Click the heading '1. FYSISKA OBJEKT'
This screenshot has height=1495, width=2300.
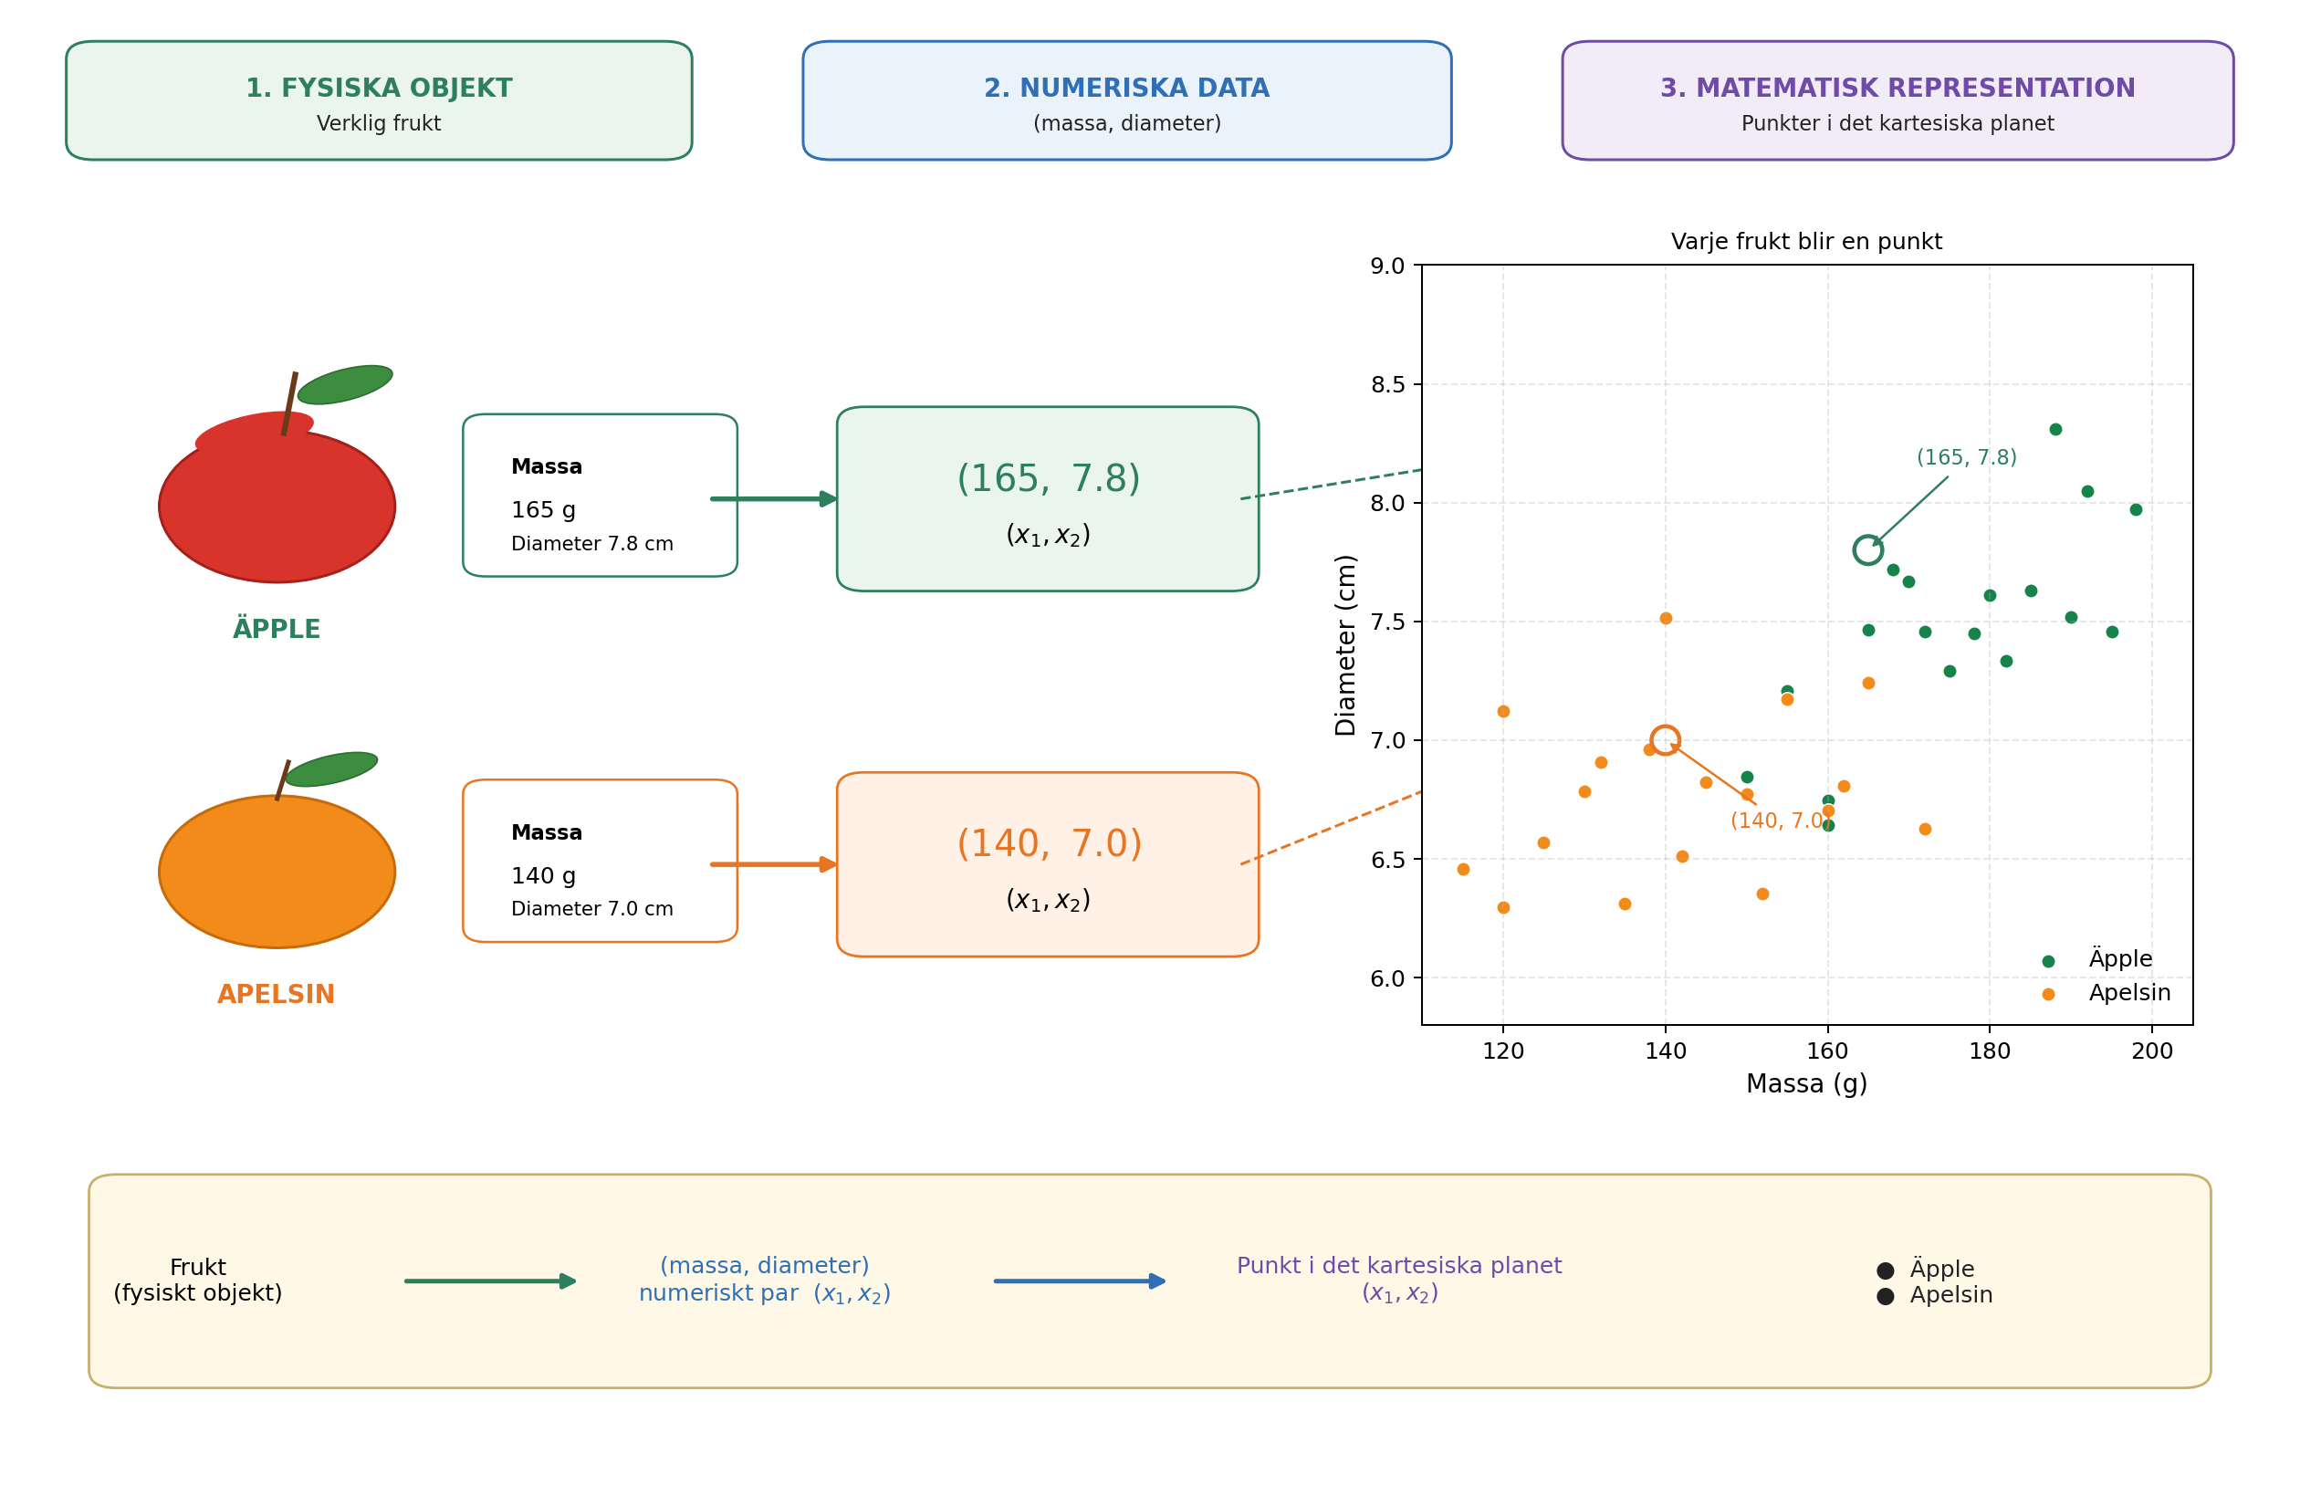(379, 89)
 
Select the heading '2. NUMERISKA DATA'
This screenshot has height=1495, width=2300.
(1127, 89)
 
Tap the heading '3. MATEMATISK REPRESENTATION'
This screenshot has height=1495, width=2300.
(1898, 89)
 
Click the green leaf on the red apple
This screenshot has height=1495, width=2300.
(345, 384)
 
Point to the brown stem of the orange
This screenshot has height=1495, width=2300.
(282, 779)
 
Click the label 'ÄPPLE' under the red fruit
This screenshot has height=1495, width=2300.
(277, 628)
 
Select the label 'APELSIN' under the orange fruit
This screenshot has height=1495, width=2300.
(277, 995)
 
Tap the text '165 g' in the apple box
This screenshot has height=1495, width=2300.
(543, 510)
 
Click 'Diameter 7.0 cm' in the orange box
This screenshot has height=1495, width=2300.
(592, 909)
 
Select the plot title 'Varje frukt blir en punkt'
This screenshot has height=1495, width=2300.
(1806, 242)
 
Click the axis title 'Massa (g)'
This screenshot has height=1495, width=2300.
(1806, 1084)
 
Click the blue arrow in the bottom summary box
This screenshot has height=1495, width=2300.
(1080, 1281)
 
